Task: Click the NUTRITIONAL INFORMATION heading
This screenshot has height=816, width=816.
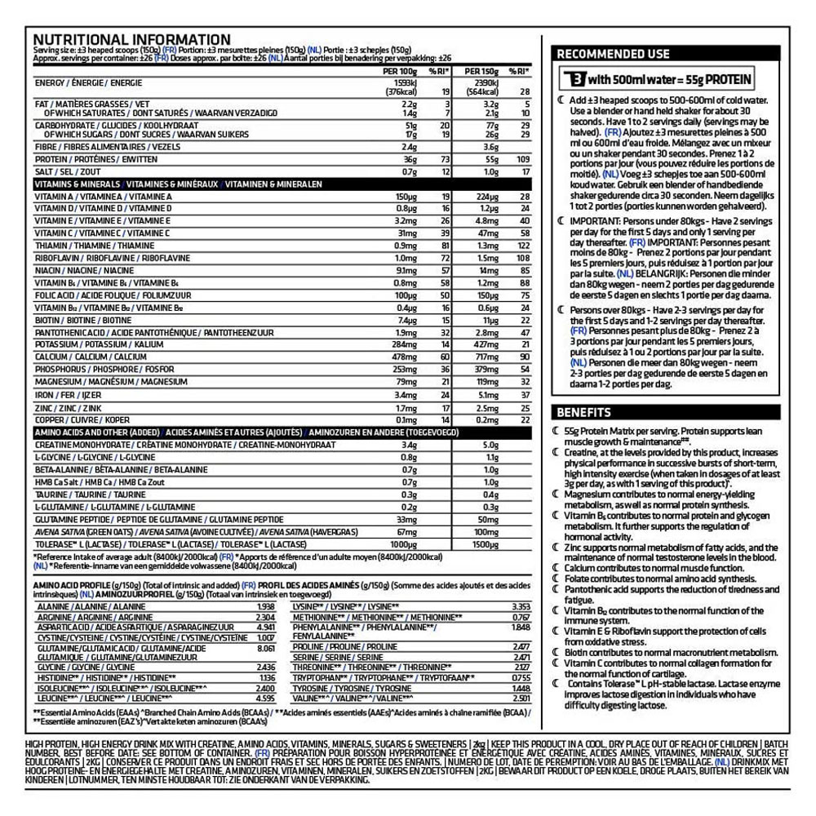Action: click(131, 39)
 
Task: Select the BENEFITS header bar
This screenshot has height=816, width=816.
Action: click(583, 412)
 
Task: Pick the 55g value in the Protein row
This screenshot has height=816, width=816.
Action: click(489, 159)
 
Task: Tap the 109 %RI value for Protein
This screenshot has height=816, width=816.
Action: click(523, 159)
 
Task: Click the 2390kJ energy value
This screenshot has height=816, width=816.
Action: click(481, 83)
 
